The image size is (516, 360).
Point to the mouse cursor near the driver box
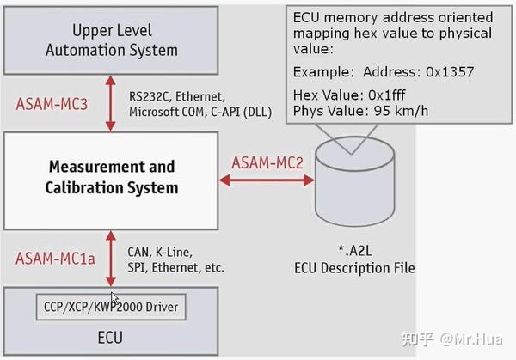pos(115,299)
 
